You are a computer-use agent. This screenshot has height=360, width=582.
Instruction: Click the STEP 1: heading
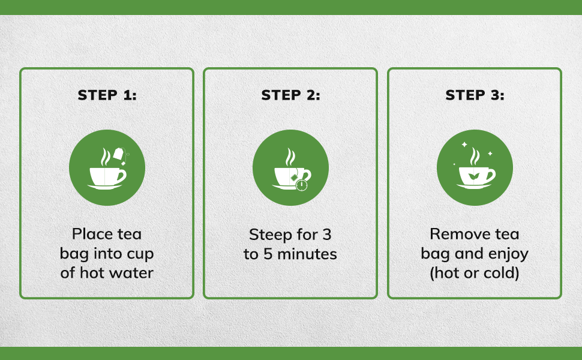[x=107, y=95]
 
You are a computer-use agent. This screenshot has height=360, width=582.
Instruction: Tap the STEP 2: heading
[x=290, y=95]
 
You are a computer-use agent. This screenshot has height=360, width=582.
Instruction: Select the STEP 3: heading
[x=475, y=95]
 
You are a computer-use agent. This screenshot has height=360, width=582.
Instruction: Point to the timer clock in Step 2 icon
[x=302, y=185]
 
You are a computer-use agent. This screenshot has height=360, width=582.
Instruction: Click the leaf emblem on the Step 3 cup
[x=473, y=176]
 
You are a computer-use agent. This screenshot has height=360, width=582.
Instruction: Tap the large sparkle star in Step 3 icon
[x=464, y=145]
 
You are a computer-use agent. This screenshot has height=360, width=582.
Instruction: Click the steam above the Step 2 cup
[x=290, y=157]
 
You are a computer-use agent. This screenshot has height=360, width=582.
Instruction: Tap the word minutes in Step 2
[x=307, y=254]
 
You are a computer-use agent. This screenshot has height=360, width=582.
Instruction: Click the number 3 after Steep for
[x=326, y=235]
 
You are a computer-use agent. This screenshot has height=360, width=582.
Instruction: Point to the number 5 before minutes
[x=268, y=254]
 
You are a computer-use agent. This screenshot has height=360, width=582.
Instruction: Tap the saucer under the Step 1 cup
[x=104, y=187]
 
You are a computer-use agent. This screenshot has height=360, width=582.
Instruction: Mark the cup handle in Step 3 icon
[x=491, y=175]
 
